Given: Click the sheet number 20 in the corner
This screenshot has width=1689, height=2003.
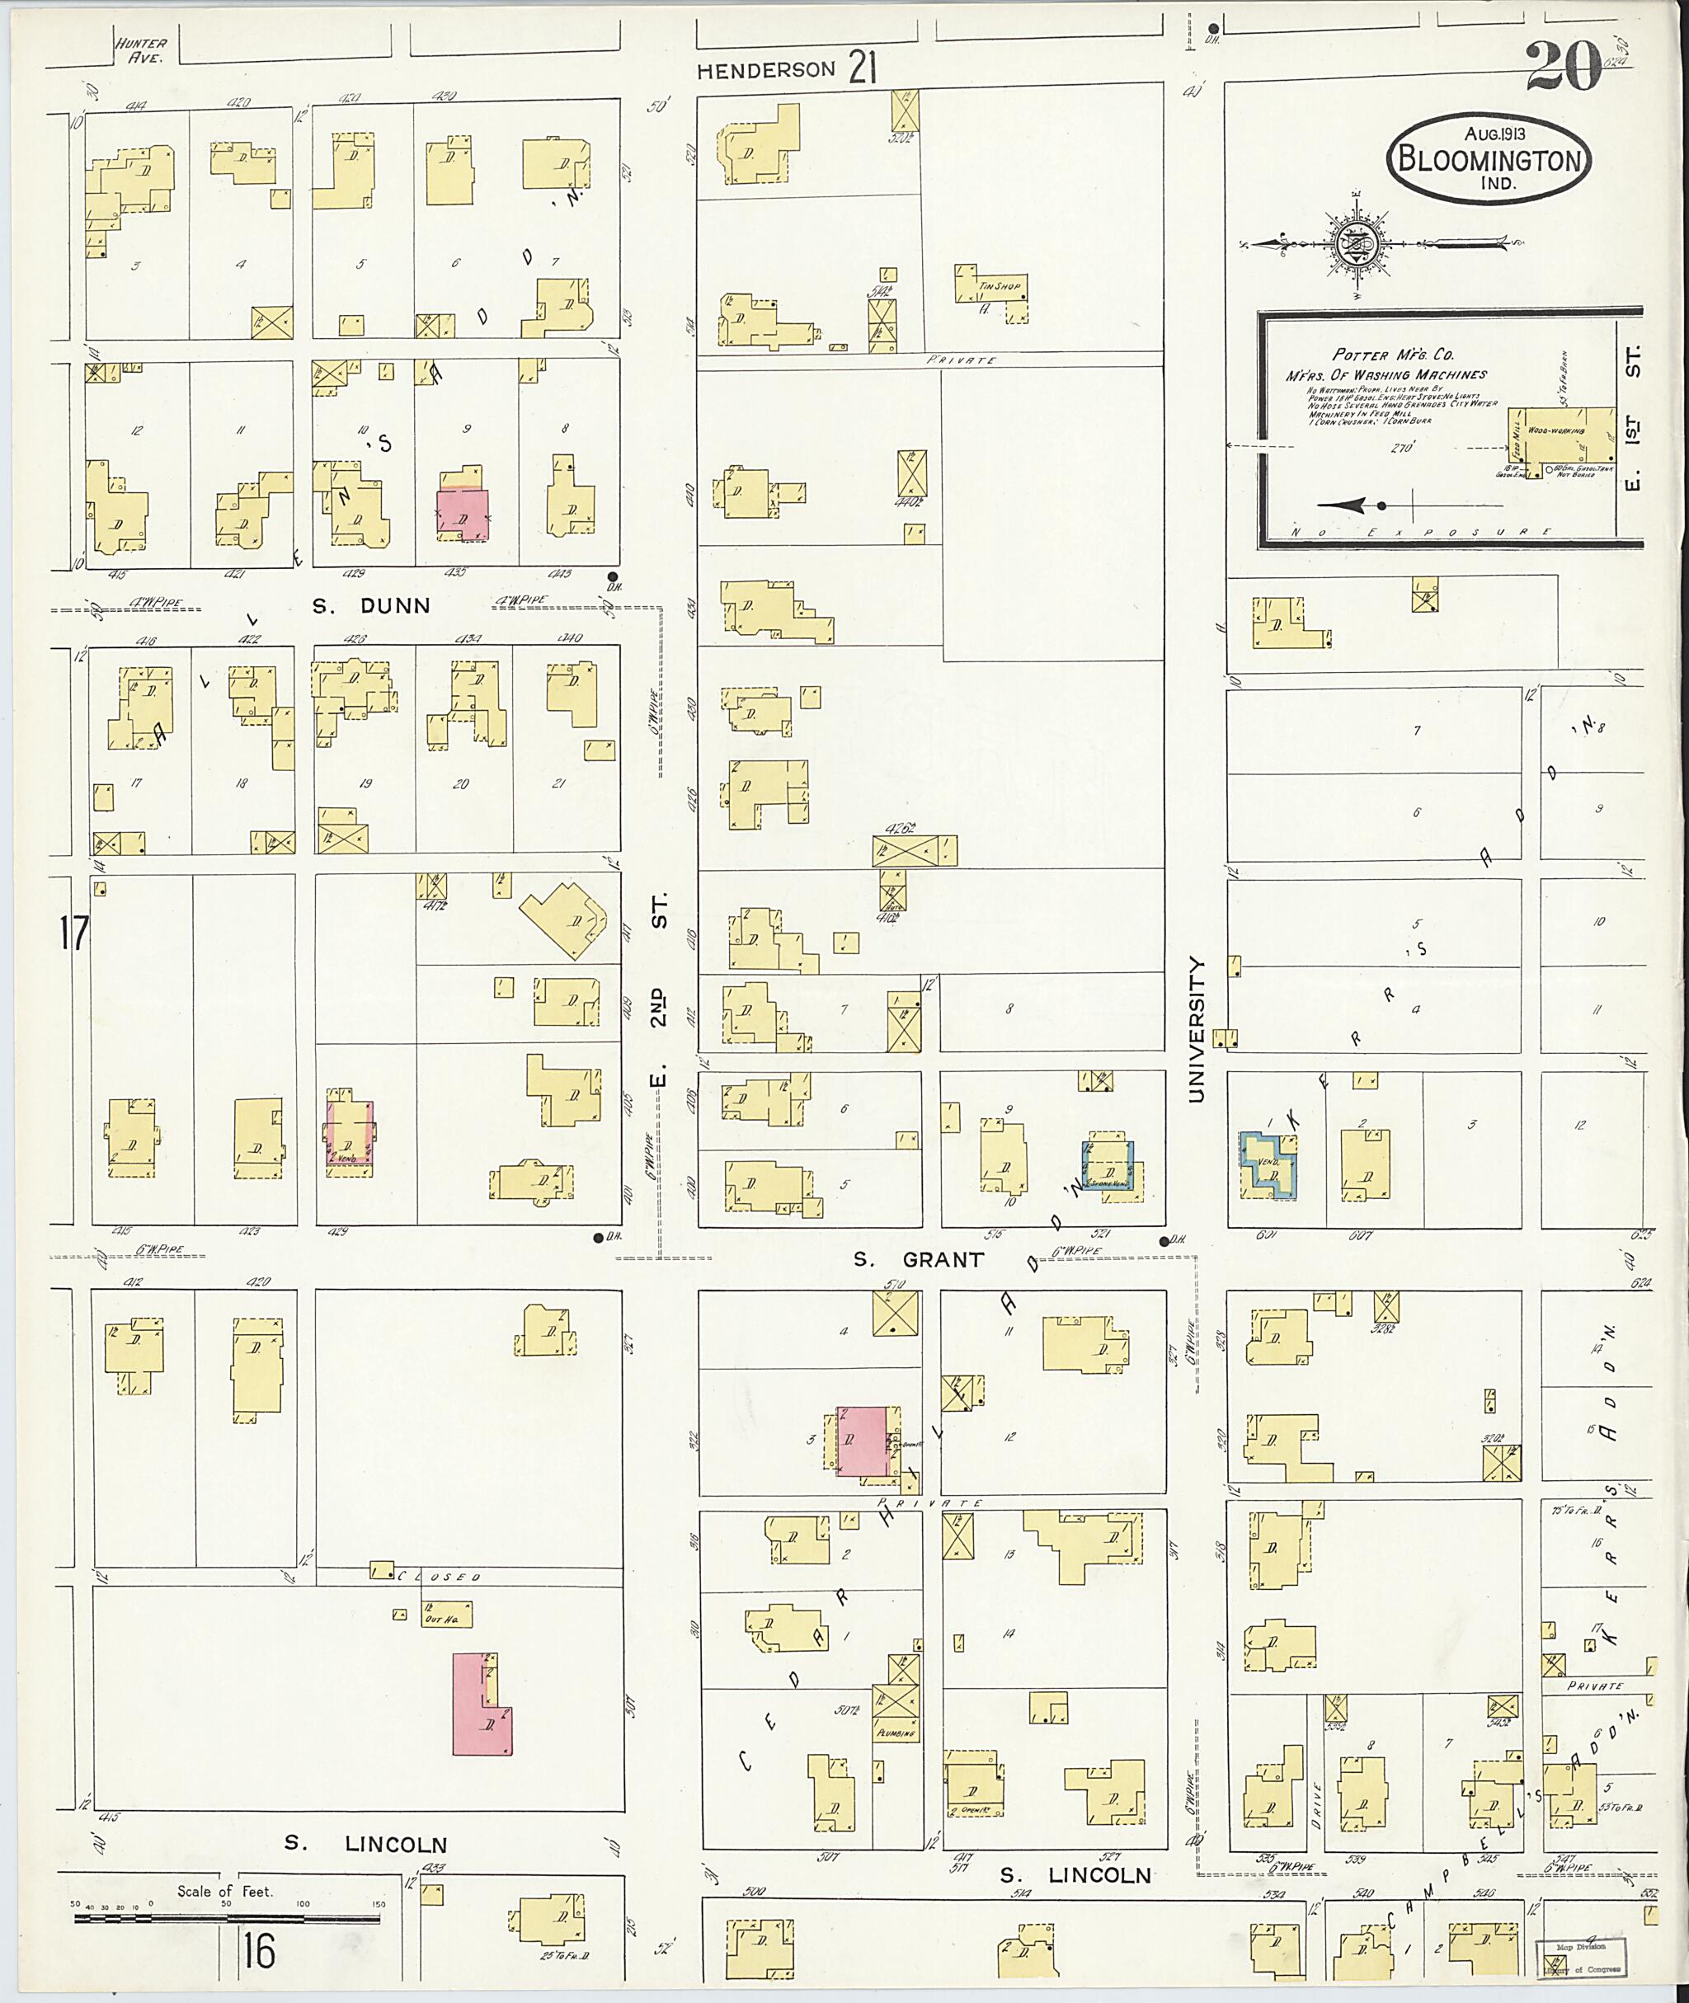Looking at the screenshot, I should [1563, 67].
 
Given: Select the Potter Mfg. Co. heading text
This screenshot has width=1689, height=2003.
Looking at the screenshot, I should [1393, 355].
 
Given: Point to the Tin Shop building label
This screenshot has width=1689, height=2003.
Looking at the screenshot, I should [1000, 285].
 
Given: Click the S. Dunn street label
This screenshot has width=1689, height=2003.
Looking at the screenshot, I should [371, 606].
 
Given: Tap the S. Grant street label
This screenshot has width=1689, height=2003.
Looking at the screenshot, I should [918, 1260].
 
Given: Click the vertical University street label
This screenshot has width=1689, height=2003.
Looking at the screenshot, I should [1196, 1028].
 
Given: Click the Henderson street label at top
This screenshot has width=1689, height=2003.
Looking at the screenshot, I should [766, 71].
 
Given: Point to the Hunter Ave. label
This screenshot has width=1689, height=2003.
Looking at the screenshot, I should [141, 49].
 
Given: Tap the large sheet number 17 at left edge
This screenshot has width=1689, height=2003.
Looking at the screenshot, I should [73, 933].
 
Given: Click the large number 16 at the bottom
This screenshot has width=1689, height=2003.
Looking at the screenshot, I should [258, 1950].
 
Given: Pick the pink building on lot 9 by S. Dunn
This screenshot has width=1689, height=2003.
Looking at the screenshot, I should [463, 515].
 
